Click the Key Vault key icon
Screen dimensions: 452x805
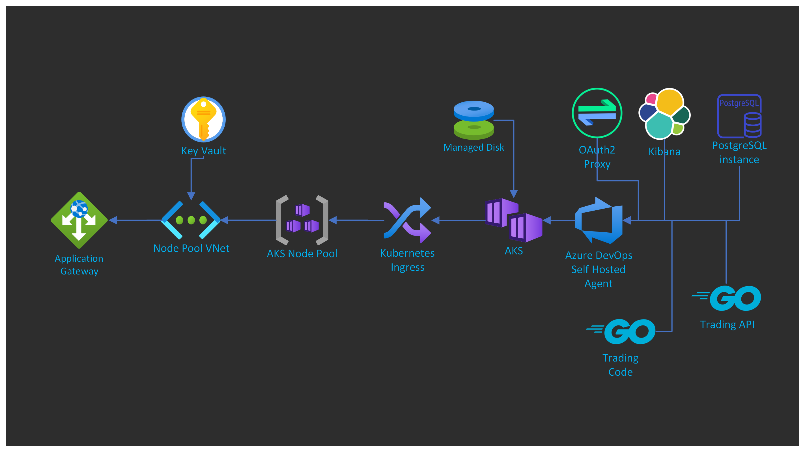[203, 119]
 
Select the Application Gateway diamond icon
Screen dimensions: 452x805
[79, 220]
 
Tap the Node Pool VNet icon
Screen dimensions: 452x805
[191, 220]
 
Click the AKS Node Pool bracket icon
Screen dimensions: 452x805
[302, 220]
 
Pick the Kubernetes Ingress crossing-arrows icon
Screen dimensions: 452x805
[408, 220]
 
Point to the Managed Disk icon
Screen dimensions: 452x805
[474, 120]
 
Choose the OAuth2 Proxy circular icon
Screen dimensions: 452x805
[597, 113]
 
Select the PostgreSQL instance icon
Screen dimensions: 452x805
[739, 116]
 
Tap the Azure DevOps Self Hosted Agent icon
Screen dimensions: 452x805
[599, 220]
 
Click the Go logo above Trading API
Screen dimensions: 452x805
[727, 298]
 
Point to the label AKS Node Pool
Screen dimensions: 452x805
[302, 254]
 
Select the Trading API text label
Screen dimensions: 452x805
[727, 325]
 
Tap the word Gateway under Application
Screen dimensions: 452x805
[79, 271]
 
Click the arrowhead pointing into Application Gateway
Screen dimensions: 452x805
[113, 220]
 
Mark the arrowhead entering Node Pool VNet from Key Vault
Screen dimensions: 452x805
[191, 196]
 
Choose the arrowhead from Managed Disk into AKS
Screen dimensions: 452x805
[514, 194]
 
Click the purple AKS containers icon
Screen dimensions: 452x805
[514, 220]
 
